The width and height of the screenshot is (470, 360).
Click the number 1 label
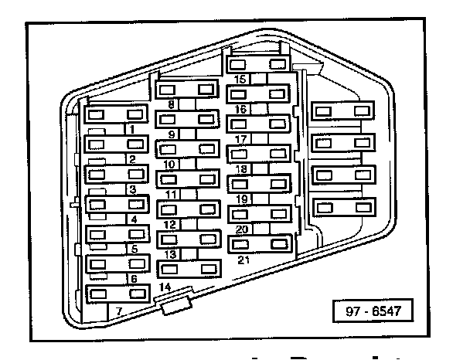point(132,130)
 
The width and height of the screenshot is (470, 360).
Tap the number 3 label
point(132,189)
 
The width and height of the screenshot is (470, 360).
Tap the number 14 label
point(164,287)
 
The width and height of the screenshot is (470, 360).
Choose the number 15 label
point(240,80)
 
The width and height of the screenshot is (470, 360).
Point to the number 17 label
point(240,139)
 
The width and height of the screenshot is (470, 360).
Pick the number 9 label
point(171,134)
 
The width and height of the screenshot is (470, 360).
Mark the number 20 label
point(240,229)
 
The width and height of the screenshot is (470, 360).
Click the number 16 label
point(240,110)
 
